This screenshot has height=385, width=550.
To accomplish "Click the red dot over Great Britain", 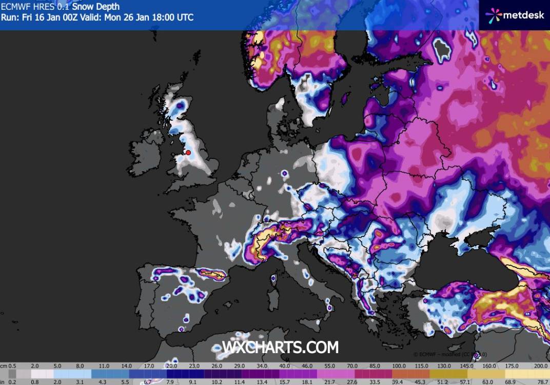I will [x=188, y=152].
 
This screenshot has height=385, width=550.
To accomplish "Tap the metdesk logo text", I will [x=524, y=15].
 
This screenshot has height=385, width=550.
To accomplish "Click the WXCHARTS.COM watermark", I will [x=280, y=347].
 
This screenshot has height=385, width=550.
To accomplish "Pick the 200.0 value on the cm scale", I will [x=539, y=365].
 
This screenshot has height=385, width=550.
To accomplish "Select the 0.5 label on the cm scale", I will [x=12, y=365].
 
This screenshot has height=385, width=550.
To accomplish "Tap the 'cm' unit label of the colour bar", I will [x=4, y=365].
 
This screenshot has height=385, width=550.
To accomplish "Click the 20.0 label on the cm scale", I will [x=171, y=365].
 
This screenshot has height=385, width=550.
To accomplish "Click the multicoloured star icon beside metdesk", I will [x=493, y=15].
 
